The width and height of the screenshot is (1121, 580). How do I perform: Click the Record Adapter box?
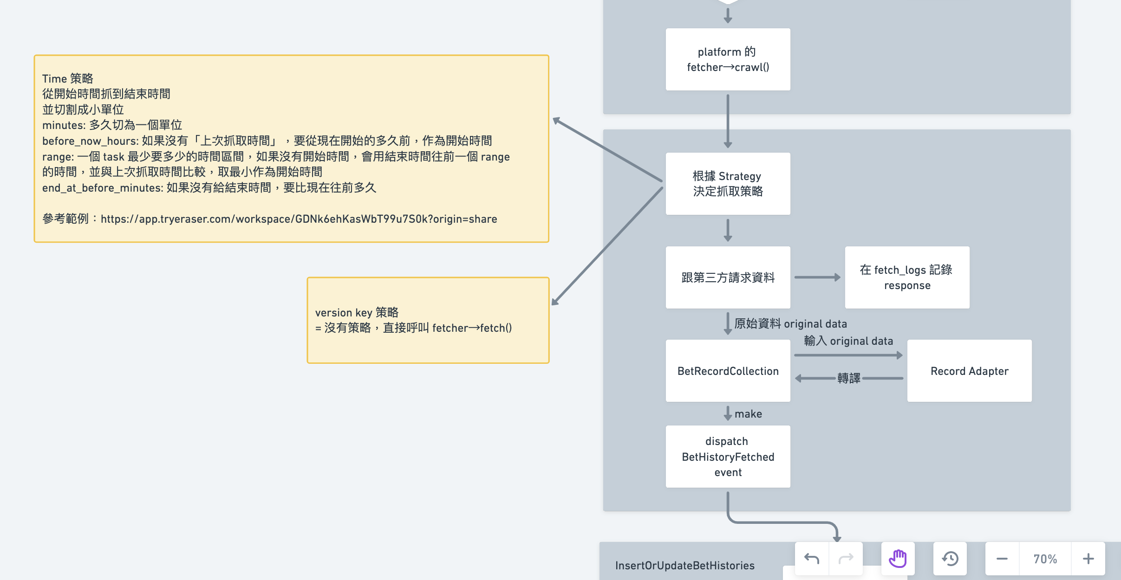click(969, 371)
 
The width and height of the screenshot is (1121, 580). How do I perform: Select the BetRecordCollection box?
click(728, 371)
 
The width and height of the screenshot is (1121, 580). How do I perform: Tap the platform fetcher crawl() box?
click(728, 59)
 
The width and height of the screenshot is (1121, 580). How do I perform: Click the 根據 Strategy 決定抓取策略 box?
click(728, 184)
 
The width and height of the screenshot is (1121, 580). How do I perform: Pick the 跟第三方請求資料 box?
click(728, 277)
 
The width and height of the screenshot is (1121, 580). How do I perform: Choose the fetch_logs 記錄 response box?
click(906, 277)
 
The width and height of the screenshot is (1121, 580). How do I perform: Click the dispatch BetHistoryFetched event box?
click(728, 457)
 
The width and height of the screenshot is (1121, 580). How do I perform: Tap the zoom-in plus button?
click(1088, 559)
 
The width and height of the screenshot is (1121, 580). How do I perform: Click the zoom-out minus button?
click(1002, 559)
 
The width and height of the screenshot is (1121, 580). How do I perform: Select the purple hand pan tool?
click(898, 559)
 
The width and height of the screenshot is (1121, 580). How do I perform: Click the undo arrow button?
click(812, 559)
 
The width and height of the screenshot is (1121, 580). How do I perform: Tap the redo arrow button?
click(846, 559)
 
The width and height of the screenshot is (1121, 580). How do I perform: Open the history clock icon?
click(950, 559)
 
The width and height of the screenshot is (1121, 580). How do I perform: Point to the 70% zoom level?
click(1045, 559)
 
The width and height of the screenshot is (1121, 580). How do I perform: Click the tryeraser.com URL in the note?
click(299, 219)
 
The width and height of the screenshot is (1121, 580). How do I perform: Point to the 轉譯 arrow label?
click(848, 379)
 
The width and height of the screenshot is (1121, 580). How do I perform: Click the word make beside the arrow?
click(748, 414)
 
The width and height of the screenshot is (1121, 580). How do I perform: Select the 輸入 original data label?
click(848, 341)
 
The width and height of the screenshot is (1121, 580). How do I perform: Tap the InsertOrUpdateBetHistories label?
click(684, 566)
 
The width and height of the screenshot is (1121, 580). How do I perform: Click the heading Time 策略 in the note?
click(68, 78)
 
